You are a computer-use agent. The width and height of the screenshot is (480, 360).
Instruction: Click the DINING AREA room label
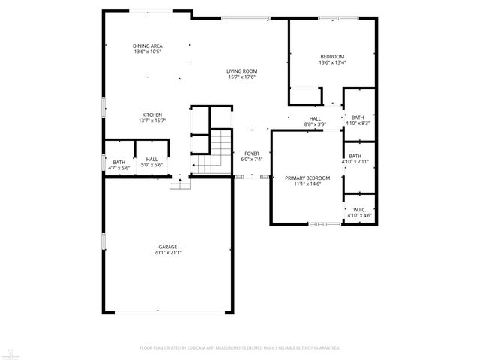[x=147, y=46]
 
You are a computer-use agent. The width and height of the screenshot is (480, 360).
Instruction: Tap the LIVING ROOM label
[x=241, y=71]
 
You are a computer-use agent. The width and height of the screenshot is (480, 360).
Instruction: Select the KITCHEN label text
[x=151, y=115]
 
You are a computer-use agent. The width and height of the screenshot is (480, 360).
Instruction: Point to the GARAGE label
[x=167, y=247]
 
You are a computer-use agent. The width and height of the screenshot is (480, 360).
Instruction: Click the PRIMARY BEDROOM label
[x=302, y=178]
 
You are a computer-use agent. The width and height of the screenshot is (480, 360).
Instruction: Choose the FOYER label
[x=250, y=154]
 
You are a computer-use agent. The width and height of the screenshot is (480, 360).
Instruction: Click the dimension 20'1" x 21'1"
[x=167, y=253]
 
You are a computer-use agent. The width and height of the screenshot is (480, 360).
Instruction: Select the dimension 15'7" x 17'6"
[x=241, y=77]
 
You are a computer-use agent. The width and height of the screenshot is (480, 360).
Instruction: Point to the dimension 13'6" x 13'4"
[x=332, y=63]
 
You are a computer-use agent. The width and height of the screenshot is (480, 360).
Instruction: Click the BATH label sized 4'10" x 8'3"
[x=357, y=117]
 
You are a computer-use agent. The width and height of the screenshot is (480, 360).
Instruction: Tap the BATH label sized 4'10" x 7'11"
[x=355, y=156]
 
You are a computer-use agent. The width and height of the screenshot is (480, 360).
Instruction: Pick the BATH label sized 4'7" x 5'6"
[x=119, y=162]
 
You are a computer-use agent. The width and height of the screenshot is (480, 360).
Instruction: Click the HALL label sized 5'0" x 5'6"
[x=151, y=159]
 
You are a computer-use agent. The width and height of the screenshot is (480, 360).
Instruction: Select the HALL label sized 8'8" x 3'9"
[x=315, y=118]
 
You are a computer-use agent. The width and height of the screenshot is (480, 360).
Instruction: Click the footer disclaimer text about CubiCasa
[x=239, y=348]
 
